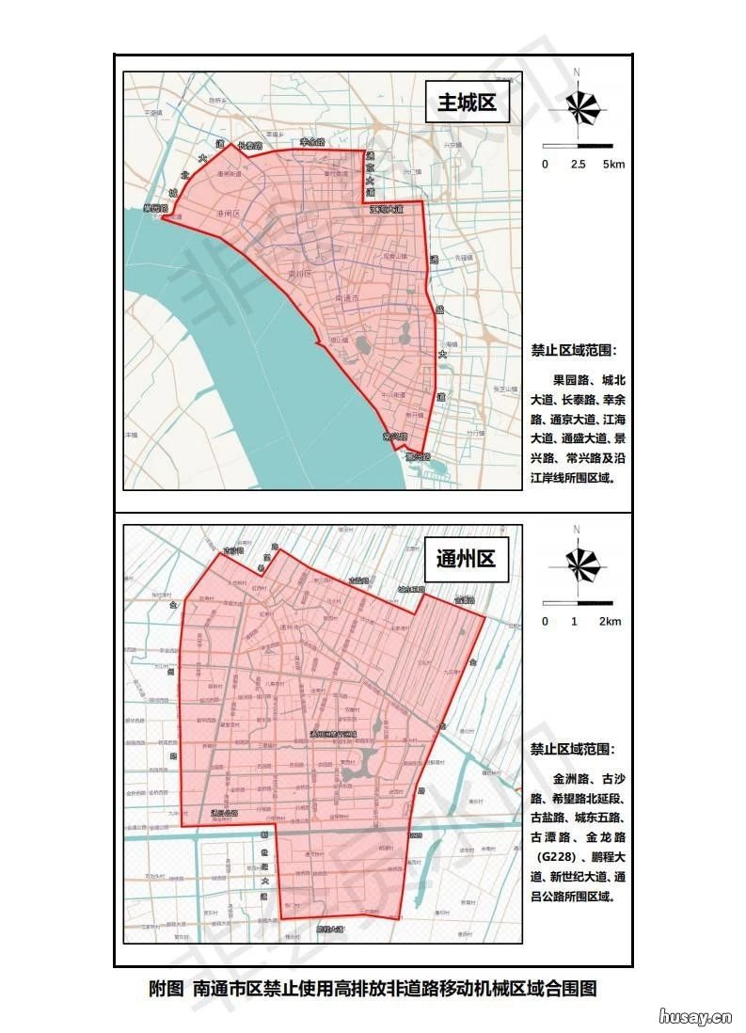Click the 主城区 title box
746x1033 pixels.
467,103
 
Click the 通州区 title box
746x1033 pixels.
466,560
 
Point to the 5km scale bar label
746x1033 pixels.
613,166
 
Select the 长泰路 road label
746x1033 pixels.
249,146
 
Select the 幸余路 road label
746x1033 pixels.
312,142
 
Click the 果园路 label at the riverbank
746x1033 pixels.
153,208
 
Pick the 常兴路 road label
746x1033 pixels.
394,437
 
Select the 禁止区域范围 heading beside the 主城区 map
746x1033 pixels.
574,351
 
